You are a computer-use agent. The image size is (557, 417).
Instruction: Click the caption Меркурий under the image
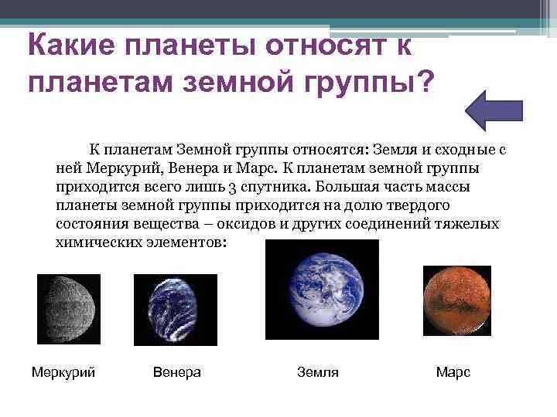pyautogui.click(x=63, y=372)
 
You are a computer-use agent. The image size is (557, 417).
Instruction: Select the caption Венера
pyautogui.click(x=177, y=372)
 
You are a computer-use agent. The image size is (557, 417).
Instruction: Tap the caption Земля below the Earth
pyautogui.click(x=318, y=372)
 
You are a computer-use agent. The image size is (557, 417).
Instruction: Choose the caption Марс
pyautogui.click(x=453, y=372)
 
